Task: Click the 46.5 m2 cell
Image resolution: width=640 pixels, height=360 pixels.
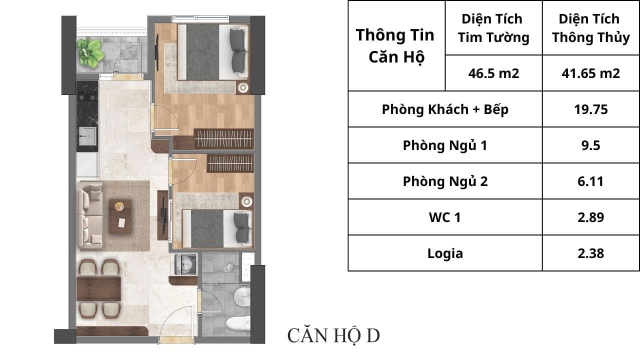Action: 493,73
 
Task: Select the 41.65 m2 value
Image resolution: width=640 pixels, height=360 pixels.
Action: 590,73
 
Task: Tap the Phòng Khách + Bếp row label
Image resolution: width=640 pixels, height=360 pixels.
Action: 445,109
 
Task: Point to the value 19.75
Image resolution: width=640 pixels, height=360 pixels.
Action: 591,109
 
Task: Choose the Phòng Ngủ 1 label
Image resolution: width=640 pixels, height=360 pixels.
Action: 445,145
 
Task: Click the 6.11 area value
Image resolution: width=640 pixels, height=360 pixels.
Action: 590,181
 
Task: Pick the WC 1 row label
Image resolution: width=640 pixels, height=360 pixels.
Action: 445,217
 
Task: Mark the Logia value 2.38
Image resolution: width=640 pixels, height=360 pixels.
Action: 590,253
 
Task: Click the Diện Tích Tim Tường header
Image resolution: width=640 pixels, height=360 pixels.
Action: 493,28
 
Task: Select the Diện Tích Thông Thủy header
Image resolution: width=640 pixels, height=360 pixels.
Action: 590,28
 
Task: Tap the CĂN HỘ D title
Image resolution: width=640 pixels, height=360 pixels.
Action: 333,336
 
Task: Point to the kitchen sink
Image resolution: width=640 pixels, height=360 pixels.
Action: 87,135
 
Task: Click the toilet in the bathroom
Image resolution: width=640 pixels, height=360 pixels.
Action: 238,323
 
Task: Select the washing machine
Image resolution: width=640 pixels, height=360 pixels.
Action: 185,264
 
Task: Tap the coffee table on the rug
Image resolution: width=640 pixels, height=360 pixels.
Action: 120,217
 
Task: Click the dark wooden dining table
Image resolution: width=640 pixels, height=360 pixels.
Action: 99,288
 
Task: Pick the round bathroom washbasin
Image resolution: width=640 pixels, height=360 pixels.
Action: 242,296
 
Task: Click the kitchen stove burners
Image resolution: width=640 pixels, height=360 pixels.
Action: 87,97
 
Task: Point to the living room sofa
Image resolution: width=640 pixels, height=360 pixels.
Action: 89,214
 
